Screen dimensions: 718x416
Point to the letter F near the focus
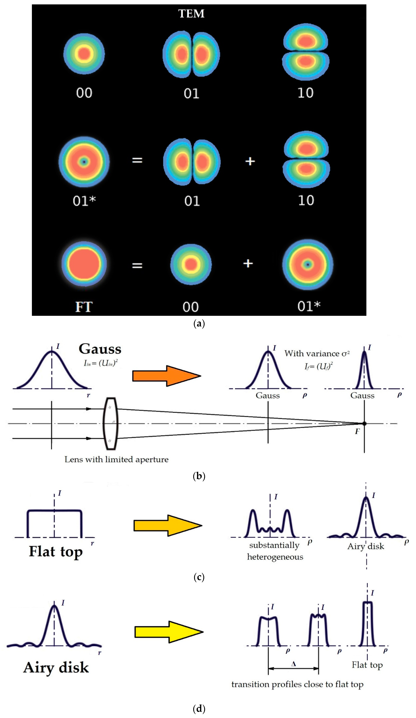coord(357,432)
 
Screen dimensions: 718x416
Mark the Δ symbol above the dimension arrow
coord(293,664)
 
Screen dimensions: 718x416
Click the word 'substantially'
coord(274,545)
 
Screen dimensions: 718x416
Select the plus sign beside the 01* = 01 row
coord(250,161)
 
